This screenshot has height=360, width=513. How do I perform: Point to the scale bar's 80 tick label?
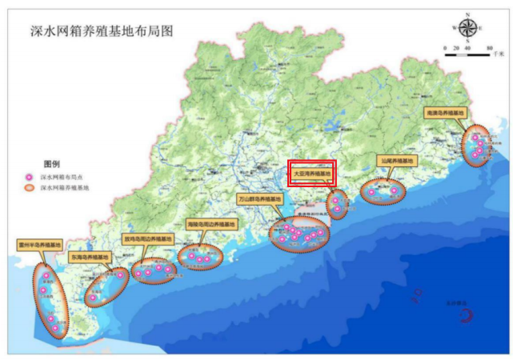(x=488, y=50)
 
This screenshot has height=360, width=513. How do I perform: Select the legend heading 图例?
(x=51, y=162)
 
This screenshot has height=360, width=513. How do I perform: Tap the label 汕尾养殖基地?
(x=396, y=161)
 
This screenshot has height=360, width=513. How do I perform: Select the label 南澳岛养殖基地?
(x=446, y=114)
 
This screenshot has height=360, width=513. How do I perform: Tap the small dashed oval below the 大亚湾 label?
(x=338, y=203)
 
